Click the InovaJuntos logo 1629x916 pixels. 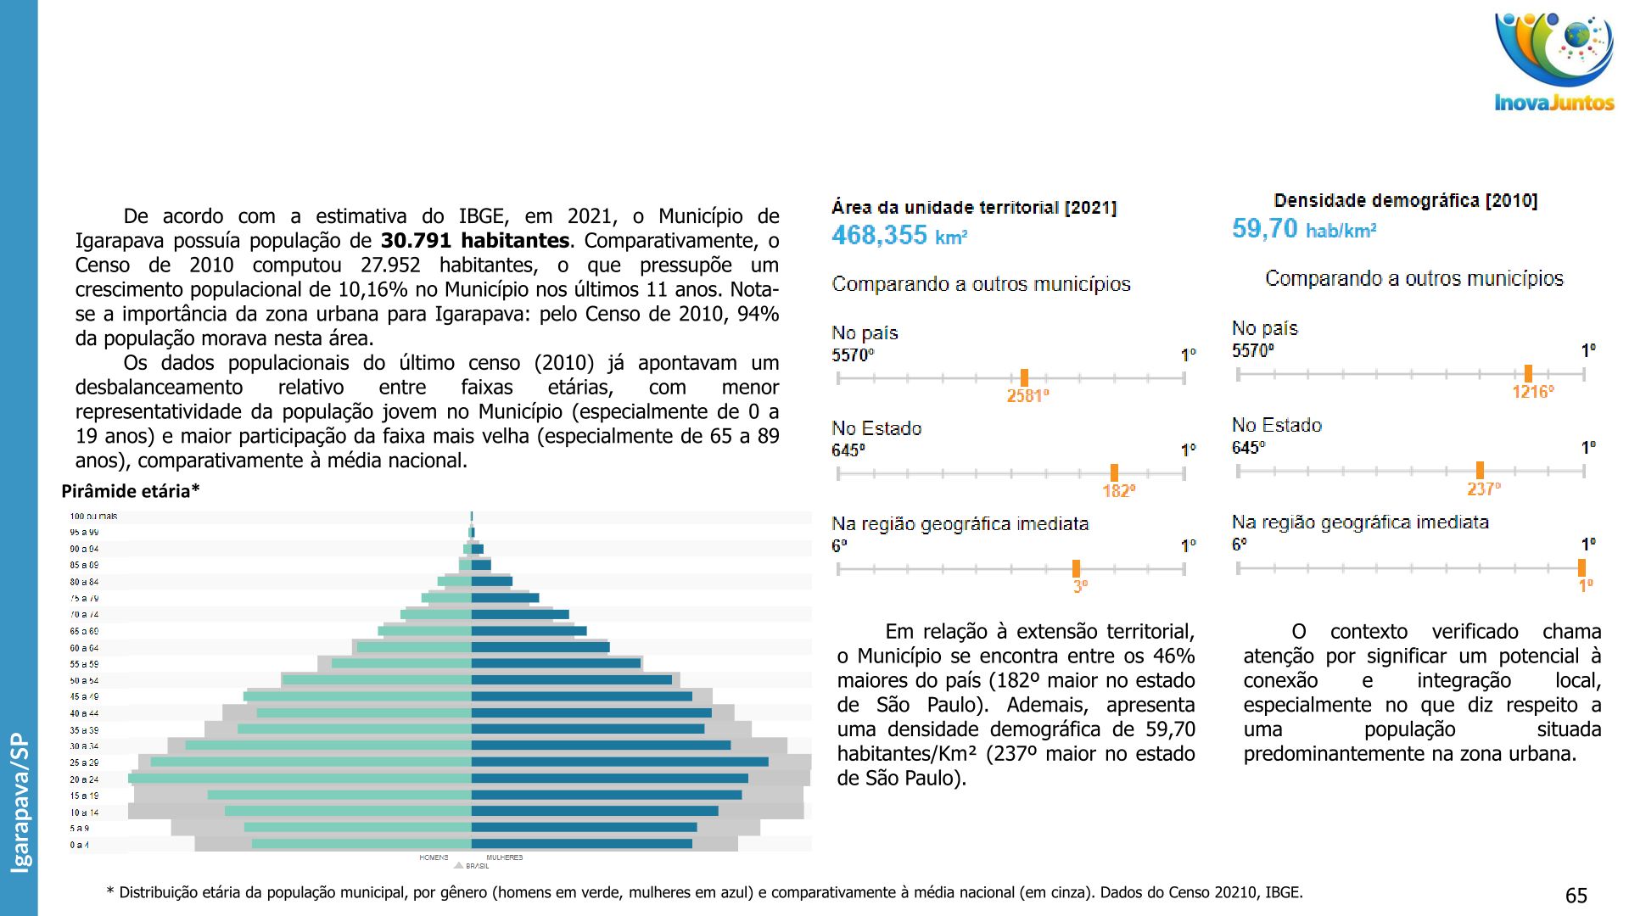[1553, 64]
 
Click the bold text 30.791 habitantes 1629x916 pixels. [474, 241]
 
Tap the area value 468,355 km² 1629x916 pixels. [899, 235]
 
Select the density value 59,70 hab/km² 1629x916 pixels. [1304, 229]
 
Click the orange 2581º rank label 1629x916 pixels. [1027, 396]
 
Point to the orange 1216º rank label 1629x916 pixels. [1532, 392]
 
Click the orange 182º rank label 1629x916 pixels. [1118, 491]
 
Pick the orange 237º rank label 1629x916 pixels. [1483, 489]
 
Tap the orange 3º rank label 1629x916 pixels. [1079, 586]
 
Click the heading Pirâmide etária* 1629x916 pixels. [131, 491]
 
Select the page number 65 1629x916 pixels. [1576, 896]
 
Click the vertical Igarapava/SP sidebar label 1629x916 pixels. [20, 802]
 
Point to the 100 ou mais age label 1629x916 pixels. [93, 516]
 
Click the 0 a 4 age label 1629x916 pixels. [79, 845]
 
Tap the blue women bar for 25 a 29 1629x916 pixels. [619, 762]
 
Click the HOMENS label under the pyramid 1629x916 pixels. [434, 857]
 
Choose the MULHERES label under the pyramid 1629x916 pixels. [505, 857]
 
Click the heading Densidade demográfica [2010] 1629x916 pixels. [1405, 201]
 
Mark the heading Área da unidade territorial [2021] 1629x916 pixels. [974, 208]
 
